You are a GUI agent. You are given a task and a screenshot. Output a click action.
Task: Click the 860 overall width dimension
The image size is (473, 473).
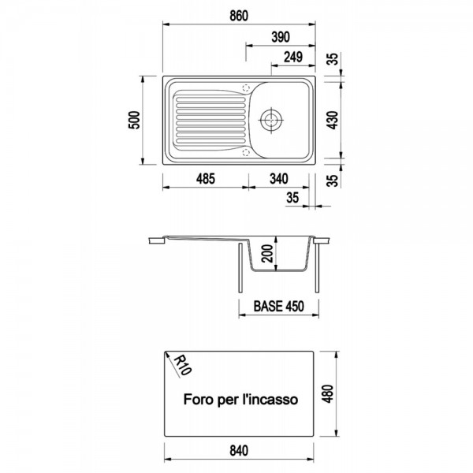point(239,16)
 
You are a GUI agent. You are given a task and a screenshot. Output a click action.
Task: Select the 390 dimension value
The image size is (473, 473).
point(281,37)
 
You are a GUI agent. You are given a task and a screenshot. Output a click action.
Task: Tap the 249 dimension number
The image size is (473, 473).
point(293,57)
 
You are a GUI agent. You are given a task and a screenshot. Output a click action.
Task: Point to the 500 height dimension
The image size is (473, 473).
point(135,120)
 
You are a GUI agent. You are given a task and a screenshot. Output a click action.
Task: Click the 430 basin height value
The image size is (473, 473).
point(333,120)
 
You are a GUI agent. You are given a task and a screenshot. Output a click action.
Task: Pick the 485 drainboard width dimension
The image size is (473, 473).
point(206,179)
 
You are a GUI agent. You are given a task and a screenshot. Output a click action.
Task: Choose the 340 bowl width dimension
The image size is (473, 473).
point(279,179)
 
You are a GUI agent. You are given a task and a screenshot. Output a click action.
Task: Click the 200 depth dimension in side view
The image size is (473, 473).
point(268,253)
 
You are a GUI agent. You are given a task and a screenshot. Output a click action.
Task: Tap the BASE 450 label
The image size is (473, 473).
point(279,306)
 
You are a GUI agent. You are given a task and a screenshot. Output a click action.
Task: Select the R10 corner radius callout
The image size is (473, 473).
point(181,364)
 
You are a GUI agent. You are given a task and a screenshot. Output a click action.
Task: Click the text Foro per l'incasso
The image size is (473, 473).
point(240,400)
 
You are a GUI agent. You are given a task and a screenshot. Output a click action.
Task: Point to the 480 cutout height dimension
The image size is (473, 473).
point(328,393)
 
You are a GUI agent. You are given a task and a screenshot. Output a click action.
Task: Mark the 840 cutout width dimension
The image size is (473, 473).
point(239,450)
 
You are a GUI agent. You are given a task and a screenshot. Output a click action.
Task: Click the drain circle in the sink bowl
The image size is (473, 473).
point(271,120)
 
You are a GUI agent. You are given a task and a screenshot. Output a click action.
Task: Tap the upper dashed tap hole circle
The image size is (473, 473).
point(246,88)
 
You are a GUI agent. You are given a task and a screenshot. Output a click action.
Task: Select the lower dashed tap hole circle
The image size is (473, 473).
point(246,152)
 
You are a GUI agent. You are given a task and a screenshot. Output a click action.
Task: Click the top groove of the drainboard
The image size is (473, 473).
point(210,99)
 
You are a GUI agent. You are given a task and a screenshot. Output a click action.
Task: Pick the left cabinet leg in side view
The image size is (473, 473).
point(240,268)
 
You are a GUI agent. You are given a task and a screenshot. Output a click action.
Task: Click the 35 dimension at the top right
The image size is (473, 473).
point(333,59)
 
